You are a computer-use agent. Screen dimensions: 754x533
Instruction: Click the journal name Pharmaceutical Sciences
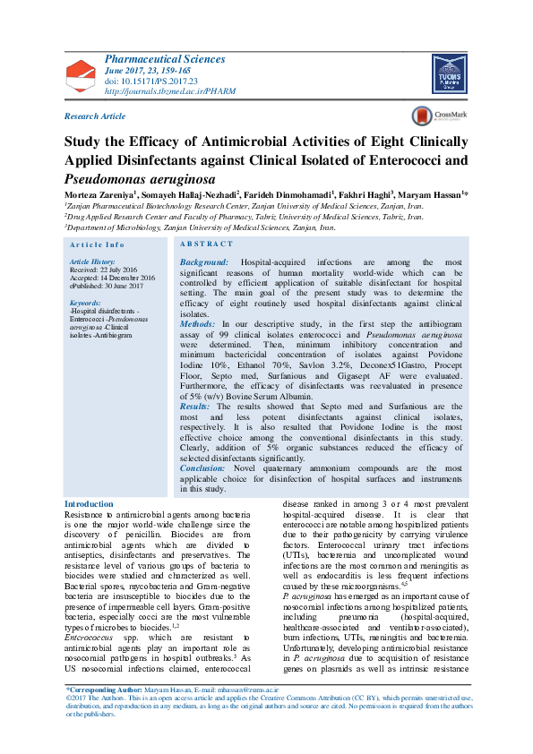pos(165,59)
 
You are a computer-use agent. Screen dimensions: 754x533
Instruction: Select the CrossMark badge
pos(434,116)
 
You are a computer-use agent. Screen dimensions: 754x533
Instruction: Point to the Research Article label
pos(95,116)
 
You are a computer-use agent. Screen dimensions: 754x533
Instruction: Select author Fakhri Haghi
pos(361,194)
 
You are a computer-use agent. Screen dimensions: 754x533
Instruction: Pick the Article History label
pos(91,261)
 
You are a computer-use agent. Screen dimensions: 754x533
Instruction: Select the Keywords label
pos(85,303)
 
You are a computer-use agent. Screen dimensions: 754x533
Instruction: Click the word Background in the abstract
pos(204,261)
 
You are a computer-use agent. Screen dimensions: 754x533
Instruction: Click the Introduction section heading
pos(90,505)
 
